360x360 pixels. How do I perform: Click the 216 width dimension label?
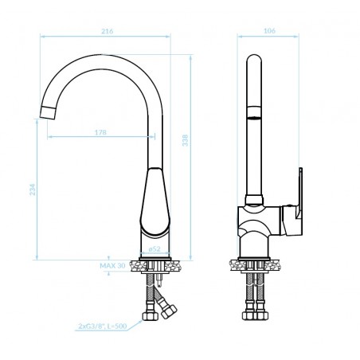point(108,31)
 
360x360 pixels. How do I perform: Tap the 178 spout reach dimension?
point(100,132)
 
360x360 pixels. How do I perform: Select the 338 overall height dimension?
point(185,140)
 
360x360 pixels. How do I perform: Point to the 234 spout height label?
point(32,190)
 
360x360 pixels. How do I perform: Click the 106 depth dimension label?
point(269,31)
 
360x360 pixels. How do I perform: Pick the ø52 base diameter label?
point(155,248)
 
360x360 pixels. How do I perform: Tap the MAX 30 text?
point(112,265)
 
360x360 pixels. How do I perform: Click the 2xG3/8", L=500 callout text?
point(103,326)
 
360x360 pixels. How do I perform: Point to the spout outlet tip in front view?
point(48,112)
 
